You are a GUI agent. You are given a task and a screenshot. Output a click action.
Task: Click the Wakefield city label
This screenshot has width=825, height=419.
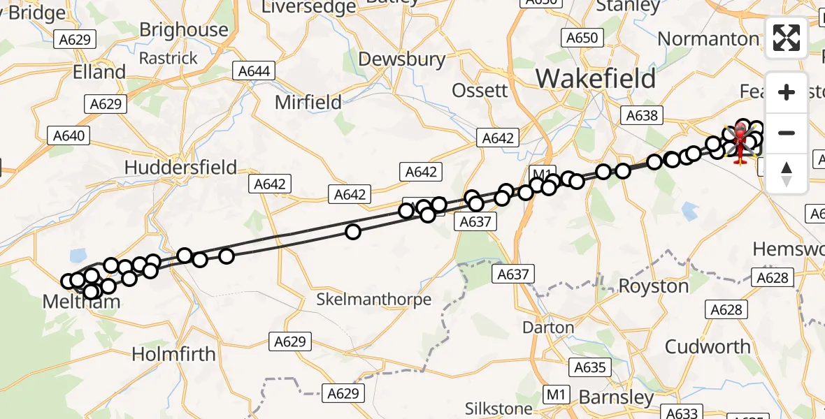[x=596, y=78]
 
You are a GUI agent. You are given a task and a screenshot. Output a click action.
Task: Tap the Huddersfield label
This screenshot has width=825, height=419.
[x=180, y=167]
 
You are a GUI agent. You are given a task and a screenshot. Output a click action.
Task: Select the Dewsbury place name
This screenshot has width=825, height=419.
[x=401, y=59]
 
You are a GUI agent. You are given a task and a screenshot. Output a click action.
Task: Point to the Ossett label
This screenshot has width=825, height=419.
[x=480, y=90]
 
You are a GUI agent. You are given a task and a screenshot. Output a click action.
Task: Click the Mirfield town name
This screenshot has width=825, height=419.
[x=308, y=102]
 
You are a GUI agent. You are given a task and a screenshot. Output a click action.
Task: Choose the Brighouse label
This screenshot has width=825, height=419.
[x=184, y=29]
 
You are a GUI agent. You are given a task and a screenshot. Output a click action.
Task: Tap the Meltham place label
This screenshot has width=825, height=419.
[x=81, y=302]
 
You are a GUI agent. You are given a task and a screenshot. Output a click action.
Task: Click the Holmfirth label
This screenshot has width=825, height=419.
[x=173, y=354]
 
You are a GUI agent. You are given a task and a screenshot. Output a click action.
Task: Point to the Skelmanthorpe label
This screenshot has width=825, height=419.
[x=373, y=300]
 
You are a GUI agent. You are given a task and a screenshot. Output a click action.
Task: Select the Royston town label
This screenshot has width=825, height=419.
[x=654, y=286]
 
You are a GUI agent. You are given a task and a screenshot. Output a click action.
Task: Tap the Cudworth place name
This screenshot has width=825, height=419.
[x=708, y=346]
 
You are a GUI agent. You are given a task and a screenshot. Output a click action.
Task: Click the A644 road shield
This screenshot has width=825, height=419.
[x=254, y=71]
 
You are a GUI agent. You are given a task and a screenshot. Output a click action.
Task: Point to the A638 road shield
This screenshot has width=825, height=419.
[x=642, y=115]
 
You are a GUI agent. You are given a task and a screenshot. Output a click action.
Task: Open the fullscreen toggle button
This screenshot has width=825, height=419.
[x=787, y=38]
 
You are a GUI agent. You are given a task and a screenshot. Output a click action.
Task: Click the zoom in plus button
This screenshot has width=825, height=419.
[x=787, y=92]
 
